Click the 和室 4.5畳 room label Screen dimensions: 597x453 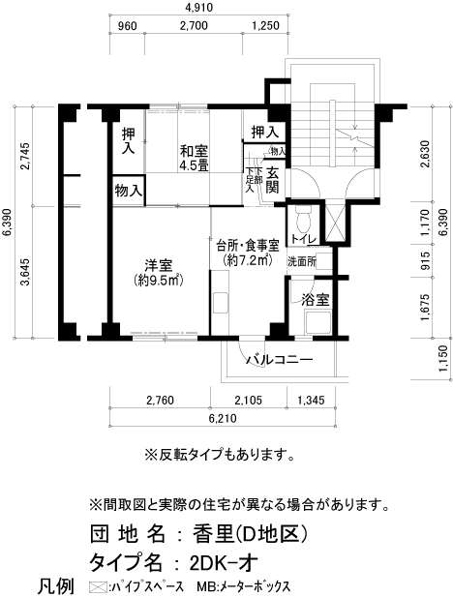tap(194, 157)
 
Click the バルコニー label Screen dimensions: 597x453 tap(279, 360)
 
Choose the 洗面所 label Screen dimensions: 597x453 tap(302, 261)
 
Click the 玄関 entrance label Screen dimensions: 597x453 tap(274, 181)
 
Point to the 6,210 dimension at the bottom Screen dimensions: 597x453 tap(222, 419)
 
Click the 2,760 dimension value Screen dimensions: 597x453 tap(159, 400)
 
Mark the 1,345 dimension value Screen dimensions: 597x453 tap(312, 400)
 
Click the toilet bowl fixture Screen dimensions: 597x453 tap(303, 214)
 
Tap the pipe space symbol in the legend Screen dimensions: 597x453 tap(96, 586)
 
